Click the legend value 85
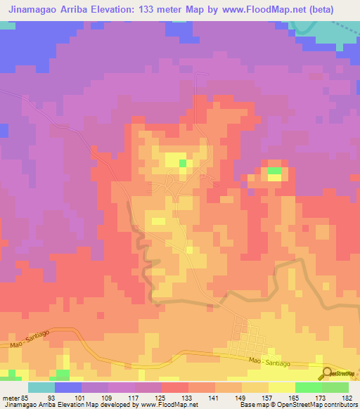(23, 398)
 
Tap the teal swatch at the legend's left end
(41, 387)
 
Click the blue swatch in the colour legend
(68, 387)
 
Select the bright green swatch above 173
(309, 387)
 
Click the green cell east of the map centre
(274, 171)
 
